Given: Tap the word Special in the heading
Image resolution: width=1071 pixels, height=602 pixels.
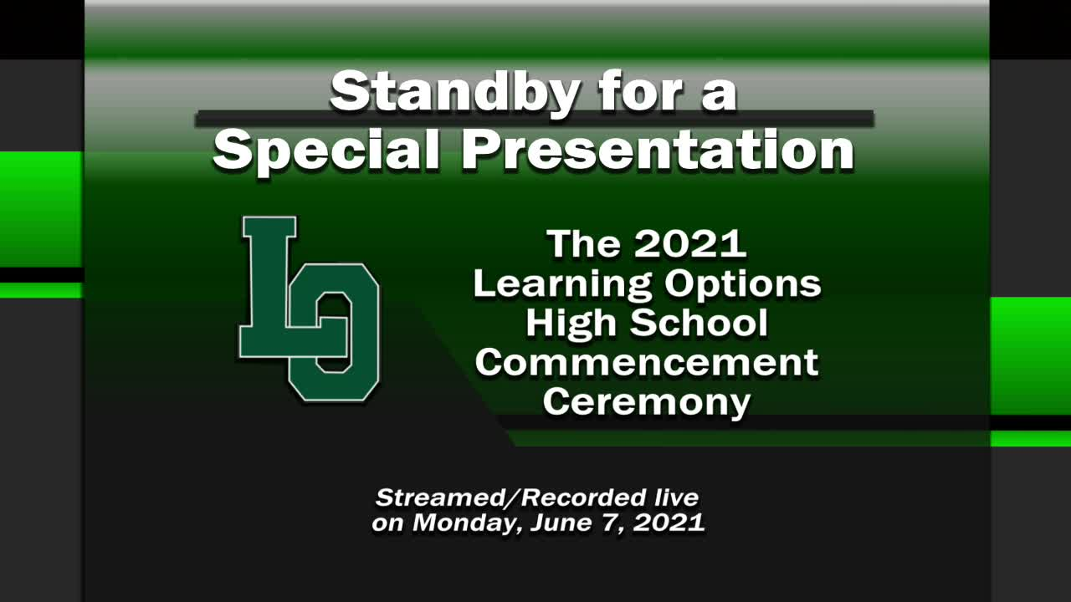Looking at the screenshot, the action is click(x=326, y=151).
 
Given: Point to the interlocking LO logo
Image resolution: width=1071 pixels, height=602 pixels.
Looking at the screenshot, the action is click(x=310, y=309).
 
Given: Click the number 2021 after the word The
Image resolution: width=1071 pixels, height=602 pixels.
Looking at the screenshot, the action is click(x=690, y=243).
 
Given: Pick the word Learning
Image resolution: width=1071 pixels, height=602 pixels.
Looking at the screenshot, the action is click(x=561, y=285).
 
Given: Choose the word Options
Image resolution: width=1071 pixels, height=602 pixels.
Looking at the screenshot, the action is click(x=743, y=285).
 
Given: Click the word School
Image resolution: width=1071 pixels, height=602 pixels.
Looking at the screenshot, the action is click(x=699, y=323).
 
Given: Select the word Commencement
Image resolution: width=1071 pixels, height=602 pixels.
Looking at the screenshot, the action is click(x=647, y=363).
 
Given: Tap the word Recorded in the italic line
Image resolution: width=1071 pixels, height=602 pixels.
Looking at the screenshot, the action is click(x=583, y=497).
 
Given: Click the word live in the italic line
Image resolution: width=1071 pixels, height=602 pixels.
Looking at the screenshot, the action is click(x=678, y=497).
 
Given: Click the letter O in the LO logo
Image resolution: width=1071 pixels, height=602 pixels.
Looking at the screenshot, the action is click(x=334, y=332).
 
